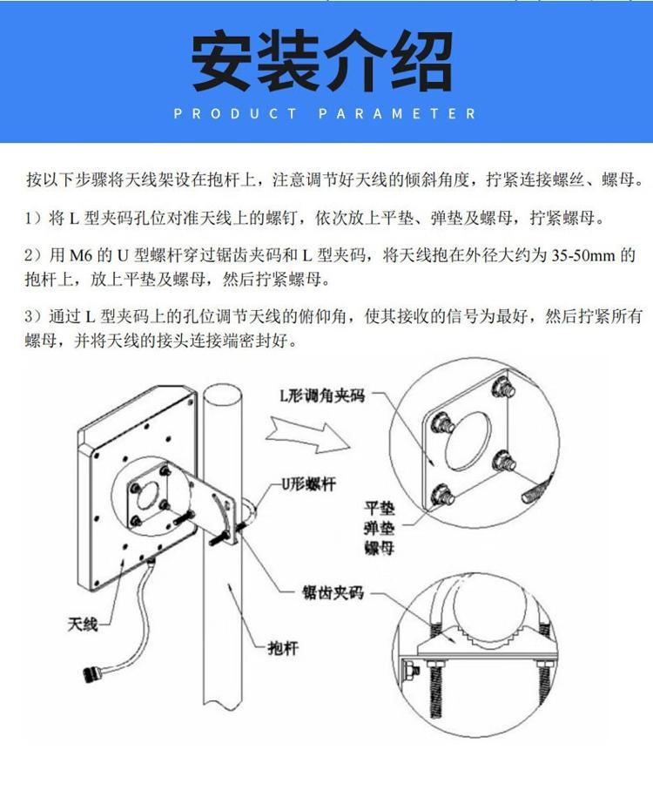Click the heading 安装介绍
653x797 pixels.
(x=322, y=60)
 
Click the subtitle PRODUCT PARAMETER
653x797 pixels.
(x=326, y=113)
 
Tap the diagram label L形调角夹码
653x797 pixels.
(x=322, y=395)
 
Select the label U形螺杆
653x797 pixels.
(x=308, y=483)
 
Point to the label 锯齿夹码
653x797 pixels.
(x=333, y=592)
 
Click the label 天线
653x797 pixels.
(x=83, y=623)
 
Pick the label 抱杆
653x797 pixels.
(x=283, y=647)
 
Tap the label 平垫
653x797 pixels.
(x=379, y=508)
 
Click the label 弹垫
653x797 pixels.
(x=379, y=528)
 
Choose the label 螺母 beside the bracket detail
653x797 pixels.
(x=379, y=548)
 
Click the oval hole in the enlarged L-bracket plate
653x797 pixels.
(x=468, y=440)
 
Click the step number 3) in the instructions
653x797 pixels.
(x=34, y=317)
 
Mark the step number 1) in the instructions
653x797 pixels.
(x=34, y=219)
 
